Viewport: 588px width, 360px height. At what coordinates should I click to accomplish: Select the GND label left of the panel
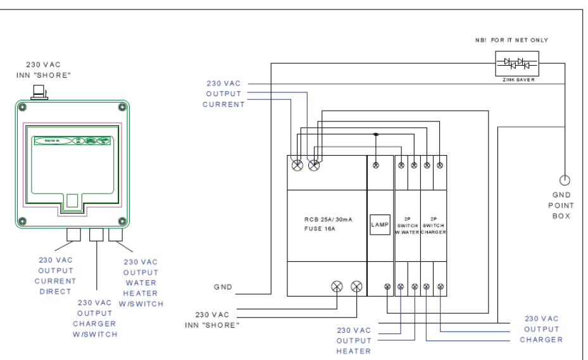[x=223, y=287]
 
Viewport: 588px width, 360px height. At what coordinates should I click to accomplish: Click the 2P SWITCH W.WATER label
[x=407, y=223]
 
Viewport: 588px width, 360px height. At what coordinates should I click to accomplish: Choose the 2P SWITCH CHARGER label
[x=434, y=223]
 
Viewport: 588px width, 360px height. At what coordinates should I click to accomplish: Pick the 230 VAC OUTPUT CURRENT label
[x=224, y=94]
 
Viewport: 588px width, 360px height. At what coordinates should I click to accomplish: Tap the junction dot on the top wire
[x=376, y=134]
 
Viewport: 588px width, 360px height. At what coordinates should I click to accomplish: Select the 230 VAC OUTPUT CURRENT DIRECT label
[x=55, y=276]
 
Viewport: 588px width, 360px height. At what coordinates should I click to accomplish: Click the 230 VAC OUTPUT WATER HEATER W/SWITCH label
[x=142, y=282]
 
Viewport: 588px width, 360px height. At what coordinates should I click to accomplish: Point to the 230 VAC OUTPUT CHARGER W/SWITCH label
[x=95, y=318]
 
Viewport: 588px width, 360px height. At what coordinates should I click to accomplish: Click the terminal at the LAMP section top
[x=378, y=165]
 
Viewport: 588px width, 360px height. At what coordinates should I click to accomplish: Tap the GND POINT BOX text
[x=561, y=205]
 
